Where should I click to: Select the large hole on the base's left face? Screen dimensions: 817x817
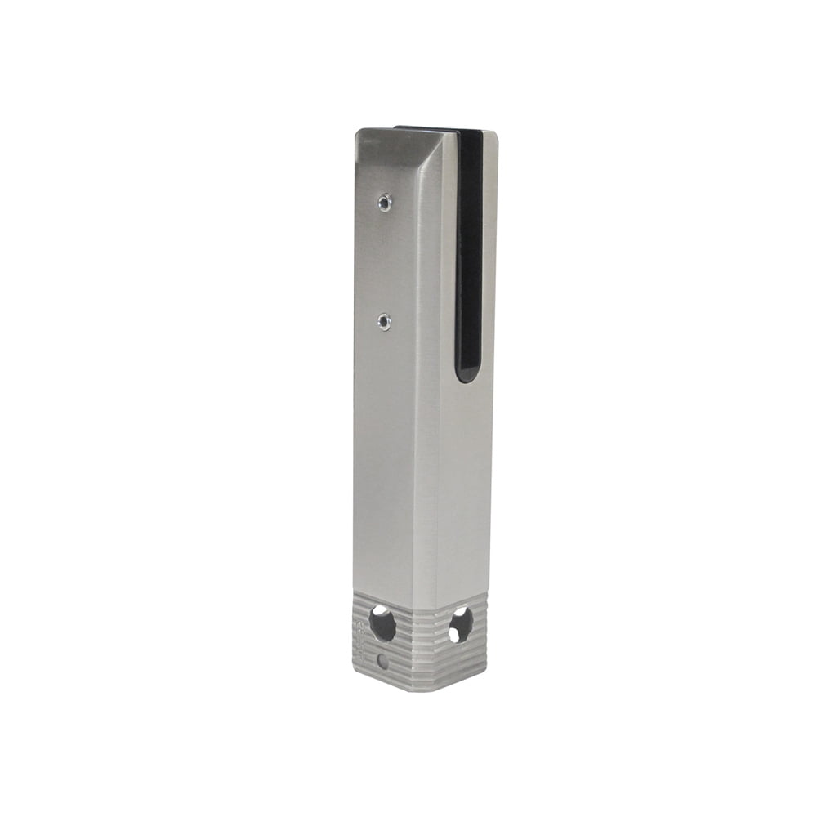(x=382, y=624)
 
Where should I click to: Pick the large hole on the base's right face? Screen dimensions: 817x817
(x=460, y=624)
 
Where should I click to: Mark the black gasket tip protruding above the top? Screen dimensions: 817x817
(x=425, y=128)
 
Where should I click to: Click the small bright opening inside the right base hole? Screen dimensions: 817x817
(x=454, y=635)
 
